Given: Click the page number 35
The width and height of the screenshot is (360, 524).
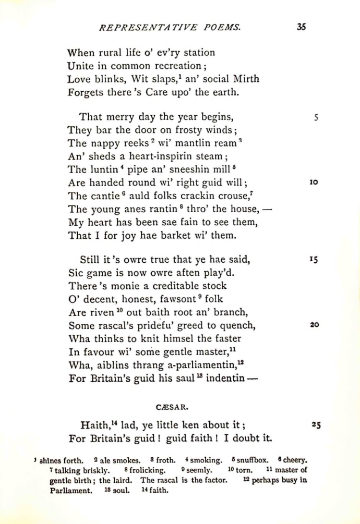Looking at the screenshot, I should pos(301,28).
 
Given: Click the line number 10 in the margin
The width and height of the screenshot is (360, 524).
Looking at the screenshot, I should pos(314,182).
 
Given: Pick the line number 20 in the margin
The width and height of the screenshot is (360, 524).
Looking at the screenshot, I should pos(314,324).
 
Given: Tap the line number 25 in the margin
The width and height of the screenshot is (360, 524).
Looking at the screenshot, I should pos(315,425).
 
